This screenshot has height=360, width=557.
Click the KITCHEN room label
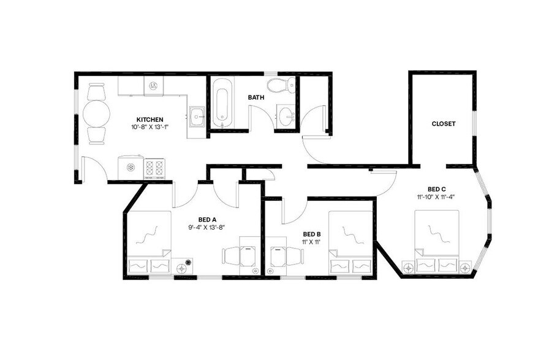point(150,119)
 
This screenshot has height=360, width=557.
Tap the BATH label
point(256,97)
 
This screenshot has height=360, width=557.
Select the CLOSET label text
point(444,124)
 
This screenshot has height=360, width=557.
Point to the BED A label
point(207,219)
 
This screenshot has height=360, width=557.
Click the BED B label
point(312,234)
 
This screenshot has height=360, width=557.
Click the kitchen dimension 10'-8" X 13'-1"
point(150,127)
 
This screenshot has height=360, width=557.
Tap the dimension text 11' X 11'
point(312,242)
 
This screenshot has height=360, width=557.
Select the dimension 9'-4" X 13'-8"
point(207,227)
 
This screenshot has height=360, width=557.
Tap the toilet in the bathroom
point(282,84)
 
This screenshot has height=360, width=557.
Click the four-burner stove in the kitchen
point(154,168)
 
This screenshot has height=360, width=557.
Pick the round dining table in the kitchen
point(97,113)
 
